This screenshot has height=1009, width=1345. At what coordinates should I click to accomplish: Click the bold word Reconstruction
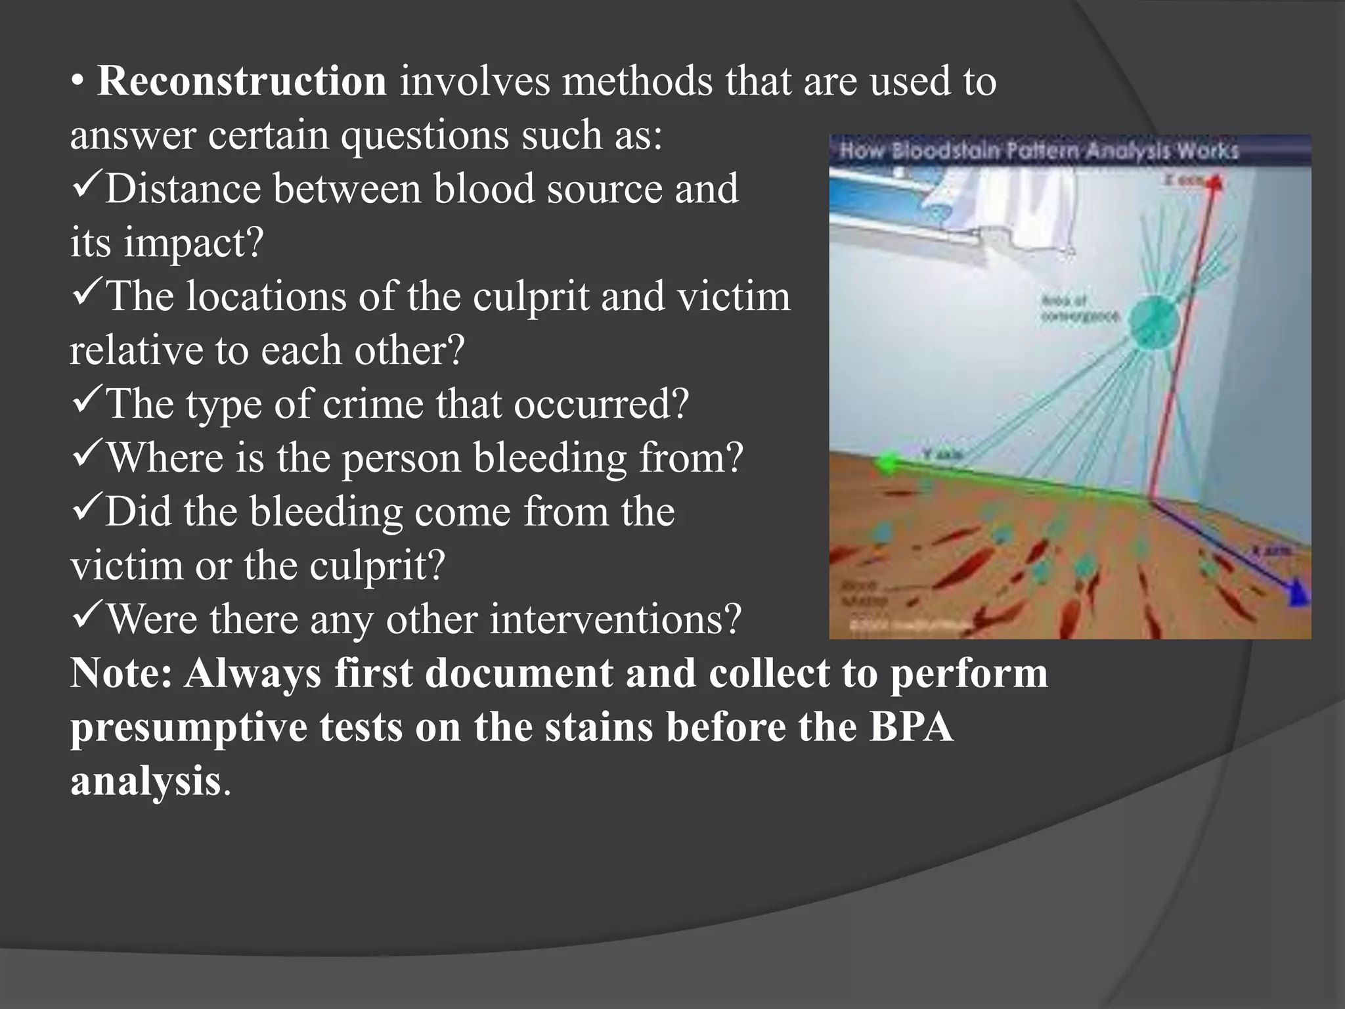(x=242, y=81)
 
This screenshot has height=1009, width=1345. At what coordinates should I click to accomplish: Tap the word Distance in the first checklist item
(x=183, y=189)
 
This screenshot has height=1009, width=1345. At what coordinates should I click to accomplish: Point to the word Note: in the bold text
(x=121, y=674)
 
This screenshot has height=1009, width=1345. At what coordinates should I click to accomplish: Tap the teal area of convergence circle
(x=1153, y=323)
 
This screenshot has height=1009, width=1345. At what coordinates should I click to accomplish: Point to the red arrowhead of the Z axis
(x=1215, y=182)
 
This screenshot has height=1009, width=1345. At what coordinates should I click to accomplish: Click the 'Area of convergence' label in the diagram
(x=1078, y=309)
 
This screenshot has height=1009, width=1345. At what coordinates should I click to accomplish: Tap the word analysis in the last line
(x=145, y=782)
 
